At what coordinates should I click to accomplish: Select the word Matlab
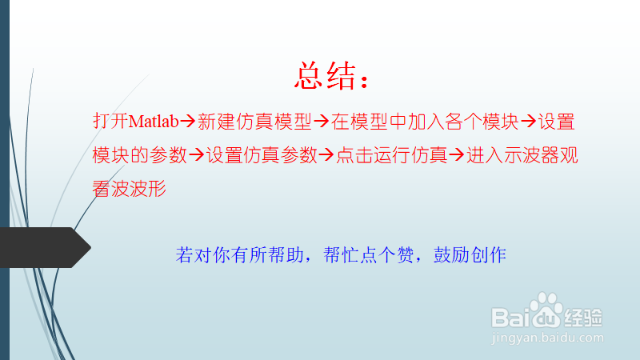click(x=154, y=122)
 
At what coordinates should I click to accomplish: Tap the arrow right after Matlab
click(x=188, y=122)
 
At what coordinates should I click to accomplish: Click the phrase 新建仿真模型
click(x=254, y=122)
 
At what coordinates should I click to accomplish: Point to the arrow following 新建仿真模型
click(x=322, y=122)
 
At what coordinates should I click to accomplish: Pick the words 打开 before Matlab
click(x=110, y=122)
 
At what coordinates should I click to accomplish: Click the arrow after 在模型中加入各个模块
click(x=529, y=122)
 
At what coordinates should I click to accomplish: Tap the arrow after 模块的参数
click(x=196, y=154)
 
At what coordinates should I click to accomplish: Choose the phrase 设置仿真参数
click(x=262, y=155)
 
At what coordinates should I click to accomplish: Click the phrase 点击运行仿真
click(x=392, y=155)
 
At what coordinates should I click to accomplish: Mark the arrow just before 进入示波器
click(x=456, y=154)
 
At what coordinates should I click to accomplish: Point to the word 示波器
click(x=531, y=155)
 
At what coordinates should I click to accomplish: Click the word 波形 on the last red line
click(x=148, y=189)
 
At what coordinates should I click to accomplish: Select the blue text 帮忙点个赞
click(x=369, y=255)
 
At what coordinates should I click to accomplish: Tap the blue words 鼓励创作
click(x=470, y=255)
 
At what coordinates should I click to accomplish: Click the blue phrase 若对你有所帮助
click(x=239, y=255)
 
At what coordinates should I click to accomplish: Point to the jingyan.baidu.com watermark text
click(x=547, y=338)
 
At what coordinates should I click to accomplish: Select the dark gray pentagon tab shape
click(x=46, y=247)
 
